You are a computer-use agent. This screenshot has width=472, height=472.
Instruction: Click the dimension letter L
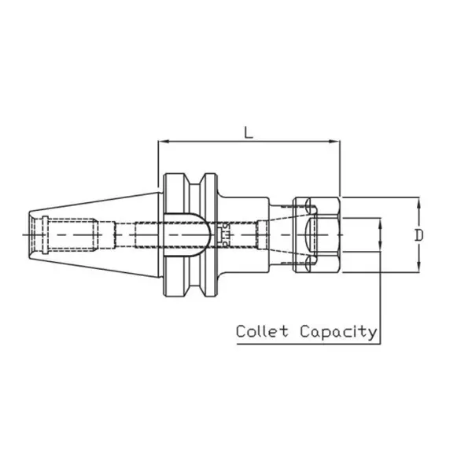click(x=249, y=133)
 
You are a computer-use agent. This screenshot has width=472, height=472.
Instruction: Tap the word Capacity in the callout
click(x=338, y=332)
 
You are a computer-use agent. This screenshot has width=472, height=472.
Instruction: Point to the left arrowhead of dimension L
click(x=163, y=142)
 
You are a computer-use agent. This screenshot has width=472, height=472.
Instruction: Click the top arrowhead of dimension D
click(x=419, y=201)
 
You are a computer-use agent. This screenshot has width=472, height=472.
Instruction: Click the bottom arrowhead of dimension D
click(x=419, y=268)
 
